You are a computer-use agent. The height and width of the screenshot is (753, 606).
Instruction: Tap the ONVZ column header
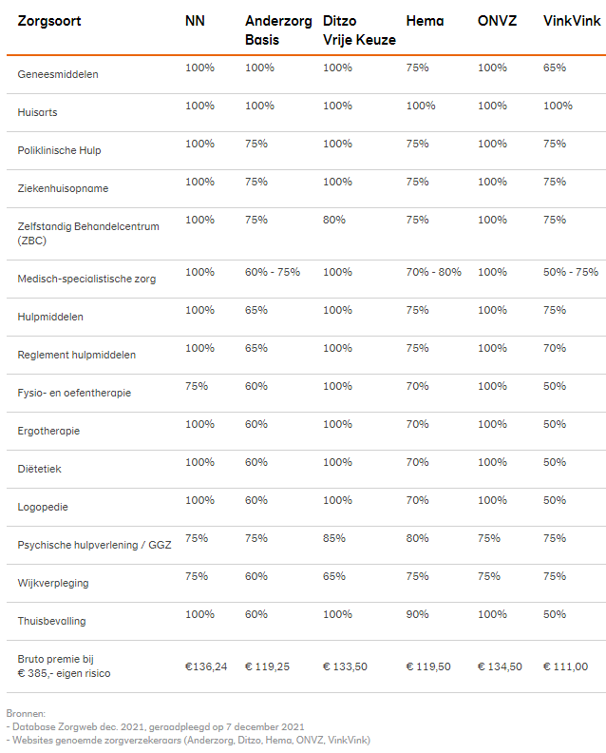pyautogui.click(x=499, y=21)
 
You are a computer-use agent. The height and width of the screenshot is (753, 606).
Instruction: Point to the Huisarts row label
pyautogui.click(x=37, y=112)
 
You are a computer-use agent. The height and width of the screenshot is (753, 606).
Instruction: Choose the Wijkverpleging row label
pyautogui.click(x=53, y=583)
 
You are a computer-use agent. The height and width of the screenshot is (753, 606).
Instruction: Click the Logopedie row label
pyautogui.click(x=43, y=507)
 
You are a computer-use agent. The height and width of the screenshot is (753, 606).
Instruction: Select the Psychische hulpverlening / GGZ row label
pyautogui.click(x=94, y=545)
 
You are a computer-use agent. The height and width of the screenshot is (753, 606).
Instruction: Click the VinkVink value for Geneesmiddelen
pyautogui.click(x=554, y=68)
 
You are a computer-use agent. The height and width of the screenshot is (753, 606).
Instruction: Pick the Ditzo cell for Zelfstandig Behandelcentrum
pyautogui.click(x=333, y=220)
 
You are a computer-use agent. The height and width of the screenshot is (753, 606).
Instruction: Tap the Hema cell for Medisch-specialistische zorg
pyautogui.click(x=433, y=272)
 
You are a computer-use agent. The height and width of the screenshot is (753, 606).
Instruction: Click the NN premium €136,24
pyautogui.click(x=205, y=666)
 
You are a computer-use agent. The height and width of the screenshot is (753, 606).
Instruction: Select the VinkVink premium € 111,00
pyautogui.click(x=565, y=666)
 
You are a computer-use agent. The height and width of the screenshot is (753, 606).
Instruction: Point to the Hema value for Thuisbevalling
pyautogui.click(x=417, y=614)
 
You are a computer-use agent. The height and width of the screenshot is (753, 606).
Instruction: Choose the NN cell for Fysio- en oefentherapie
pyautogui.click(x=197, y=386)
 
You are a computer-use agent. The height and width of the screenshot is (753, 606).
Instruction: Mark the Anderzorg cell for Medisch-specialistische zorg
pyautogui.click(x=273, y=272)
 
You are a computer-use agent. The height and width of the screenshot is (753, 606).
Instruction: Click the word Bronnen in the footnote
pyautogui.click(x=26, y=712)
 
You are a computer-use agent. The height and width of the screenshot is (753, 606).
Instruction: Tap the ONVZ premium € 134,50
pyautogui.click(x=500, y=666)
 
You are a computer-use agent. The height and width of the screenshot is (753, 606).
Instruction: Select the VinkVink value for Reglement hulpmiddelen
pyautogui.click(x=554, y=348)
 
